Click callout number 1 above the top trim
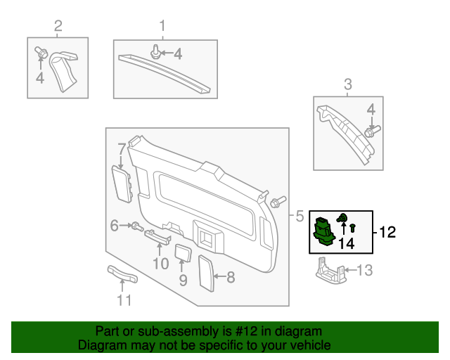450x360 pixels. click(162, 27)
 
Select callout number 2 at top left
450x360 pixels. click(58, 27)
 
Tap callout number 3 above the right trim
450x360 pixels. click(347, 86)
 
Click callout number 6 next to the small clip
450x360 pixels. click(114, 226)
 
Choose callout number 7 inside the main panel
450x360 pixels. click(122, 149)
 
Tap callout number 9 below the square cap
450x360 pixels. click(183, 280)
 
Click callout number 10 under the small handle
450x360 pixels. click(160, 264)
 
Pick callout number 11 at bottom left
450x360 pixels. click(124, 301)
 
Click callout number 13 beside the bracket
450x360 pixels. click(364, 270)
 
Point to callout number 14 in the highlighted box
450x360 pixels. click(346, 244)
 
